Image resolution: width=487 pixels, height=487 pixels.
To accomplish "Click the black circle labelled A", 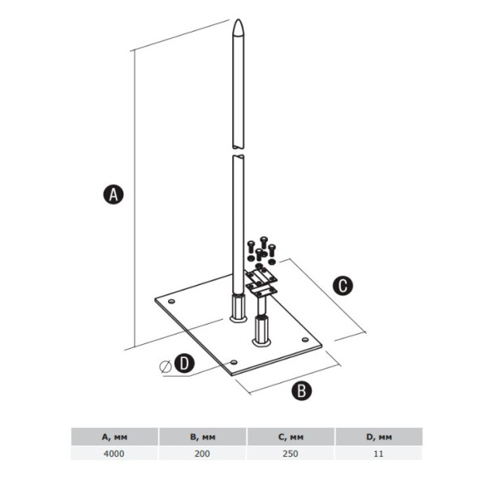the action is click(114, 195).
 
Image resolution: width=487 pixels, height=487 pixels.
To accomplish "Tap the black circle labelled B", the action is click(302, 390).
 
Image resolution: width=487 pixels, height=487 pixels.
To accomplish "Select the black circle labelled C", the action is click(343, 286).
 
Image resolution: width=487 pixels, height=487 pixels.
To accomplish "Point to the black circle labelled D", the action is click(184, 363).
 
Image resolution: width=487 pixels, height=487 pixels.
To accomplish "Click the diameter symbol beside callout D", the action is click(166, 367).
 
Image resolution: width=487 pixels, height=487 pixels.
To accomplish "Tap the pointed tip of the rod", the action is click(238, 19).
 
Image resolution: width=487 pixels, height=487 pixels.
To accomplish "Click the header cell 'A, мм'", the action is click(114, 437).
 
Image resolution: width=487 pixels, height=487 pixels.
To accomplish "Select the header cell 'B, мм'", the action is click(202, 437).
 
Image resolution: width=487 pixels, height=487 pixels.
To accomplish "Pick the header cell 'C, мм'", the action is click(291, 437).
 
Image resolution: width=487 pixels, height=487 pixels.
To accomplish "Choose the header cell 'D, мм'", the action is click(379, 437).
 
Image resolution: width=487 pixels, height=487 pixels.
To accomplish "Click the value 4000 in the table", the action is click(114, 454).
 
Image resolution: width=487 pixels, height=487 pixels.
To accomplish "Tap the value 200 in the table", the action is click(202, 454).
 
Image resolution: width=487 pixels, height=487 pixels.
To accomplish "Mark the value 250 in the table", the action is click(291, 454).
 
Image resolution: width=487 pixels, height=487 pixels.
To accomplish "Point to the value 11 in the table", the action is click(378, 454).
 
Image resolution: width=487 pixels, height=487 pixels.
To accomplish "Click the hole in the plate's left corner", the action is click(171, 301).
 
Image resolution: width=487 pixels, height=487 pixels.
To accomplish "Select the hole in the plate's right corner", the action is click(305, 339).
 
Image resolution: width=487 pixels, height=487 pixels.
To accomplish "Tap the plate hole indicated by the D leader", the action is click(234, 362).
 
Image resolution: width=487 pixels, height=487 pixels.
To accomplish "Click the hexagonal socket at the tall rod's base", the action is click(238, 308).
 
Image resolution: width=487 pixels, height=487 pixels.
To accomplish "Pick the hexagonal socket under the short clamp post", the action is click(261, 330).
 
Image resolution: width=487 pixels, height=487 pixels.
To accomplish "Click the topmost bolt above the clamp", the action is click(264, 242).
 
